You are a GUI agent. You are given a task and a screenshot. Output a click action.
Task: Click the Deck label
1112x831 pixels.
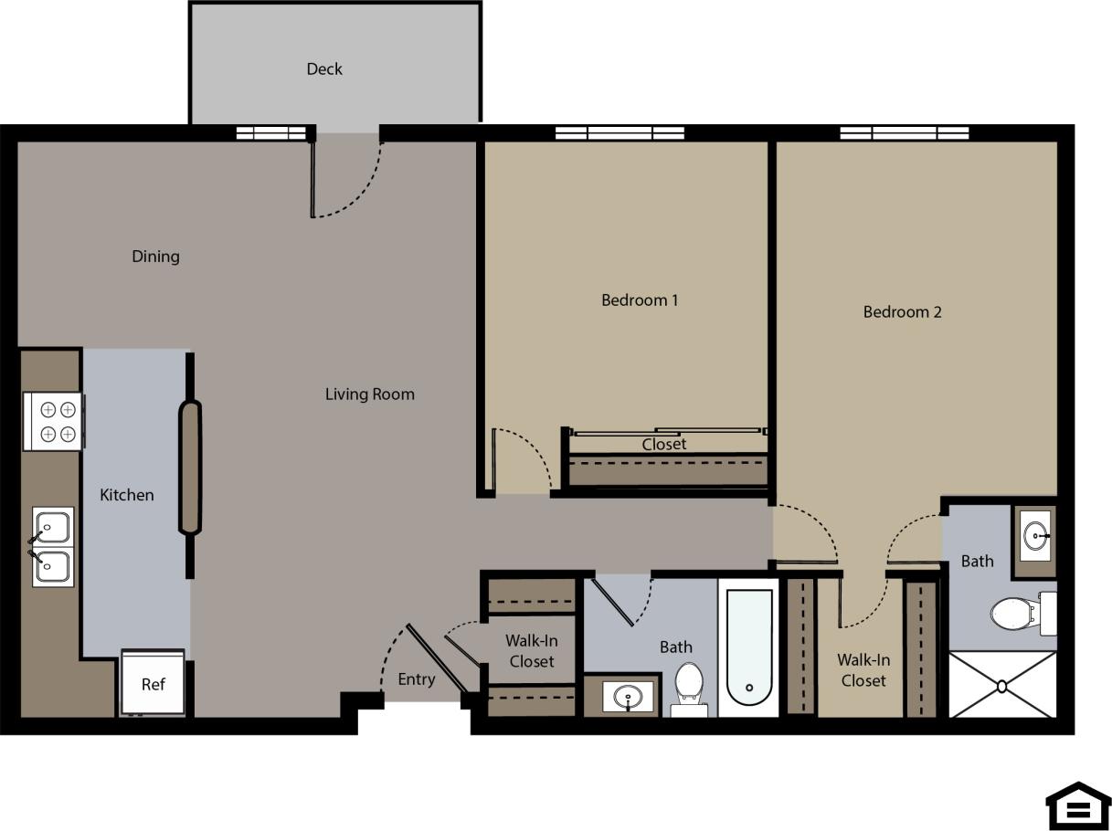[324, 69]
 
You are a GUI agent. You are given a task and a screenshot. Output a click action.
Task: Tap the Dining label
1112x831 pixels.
[155, 257]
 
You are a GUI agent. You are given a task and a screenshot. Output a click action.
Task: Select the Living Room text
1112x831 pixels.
[369, 394]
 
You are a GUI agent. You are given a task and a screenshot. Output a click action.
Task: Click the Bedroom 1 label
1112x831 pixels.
[639, 300]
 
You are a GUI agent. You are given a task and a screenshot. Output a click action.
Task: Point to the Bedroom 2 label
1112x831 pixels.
[902, 312]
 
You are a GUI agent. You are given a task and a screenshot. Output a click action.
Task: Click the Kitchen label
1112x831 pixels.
[126, 495]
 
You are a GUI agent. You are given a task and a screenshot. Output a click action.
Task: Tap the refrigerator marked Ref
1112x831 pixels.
[153, 683]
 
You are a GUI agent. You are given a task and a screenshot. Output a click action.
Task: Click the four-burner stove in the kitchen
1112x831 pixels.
[54, 421]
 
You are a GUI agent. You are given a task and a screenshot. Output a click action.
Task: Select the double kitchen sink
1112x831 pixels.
[52, 547]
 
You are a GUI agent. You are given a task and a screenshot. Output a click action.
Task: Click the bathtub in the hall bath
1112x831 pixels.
[749, 647]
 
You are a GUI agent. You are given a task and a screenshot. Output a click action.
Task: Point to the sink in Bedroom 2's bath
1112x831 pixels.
[1035, 536]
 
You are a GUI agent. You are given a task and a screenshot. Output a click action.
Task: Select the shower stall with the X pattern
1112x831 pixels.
[1002, 684]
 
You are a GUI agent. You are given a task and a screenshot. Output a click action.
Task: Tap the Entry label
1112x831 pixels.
[416, 679]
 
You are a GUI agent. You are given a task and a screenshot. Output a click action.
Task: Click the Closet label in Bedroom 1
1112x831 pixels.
[663, 445]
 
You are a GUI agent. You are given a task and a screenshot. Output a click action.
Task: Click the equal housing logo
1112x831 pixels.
[1078, 806]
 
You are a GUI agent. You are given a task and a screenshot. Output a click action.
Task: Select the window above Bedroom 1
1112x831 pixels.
[620, 133]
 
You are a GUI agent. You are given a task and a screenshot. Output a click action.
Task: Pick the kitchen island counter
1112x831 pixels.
[189, 468]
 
